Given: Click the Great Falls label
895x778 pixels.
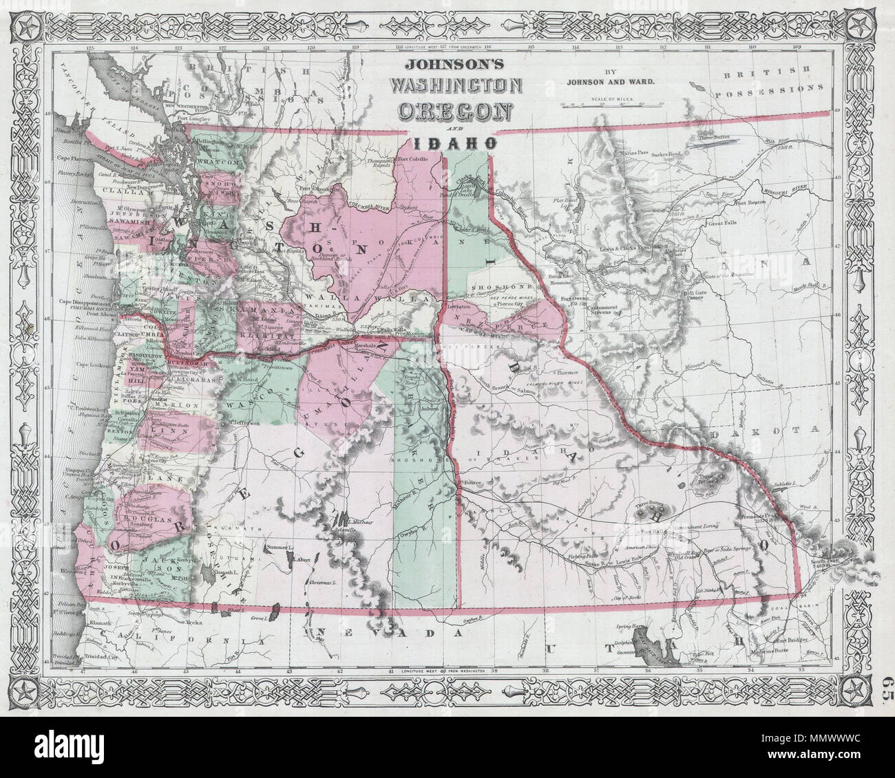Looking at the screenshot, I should [721, 224].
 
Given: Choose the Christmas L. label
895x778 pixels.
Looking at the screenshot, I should [322, 583].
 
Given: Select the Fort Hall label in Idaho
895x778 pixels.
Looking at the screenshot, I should [653, 530].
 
